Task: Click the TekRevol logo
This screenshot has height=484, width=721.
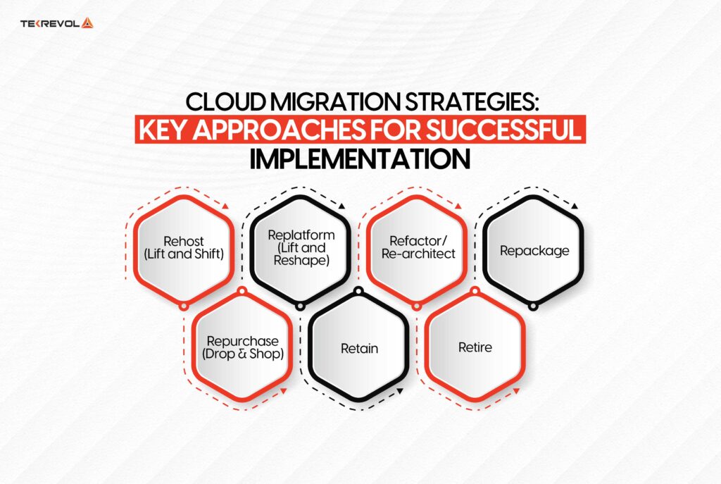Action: (56, 23)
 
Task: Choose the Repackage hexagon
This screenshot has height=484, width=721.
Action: (534, 250)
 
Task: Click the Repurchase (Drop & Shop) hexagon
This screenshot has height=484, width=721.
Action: (242, 347)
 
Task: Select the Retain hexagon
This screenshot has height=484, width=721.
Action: (359, 347)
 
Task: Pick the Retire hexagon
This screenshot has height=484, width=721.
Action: (475, 347)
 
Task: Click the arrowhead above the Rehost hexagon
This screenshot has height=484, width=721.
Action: (226, 206)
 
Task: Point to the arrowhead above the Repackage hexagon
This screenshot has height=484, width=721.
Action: (575, 206)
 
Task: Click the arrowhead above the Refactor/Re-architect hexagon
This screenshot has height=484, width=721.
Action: (459, 206)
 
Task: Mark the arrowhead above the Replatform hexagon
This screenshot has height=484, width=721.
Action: (343, 206)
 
